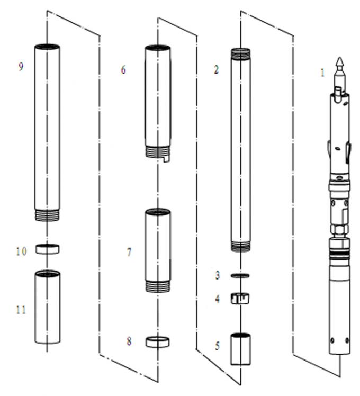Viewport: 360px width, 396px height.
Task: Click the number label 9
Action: tap(21, 67)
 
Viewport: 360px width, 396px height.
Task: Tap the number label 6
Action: tap(123, 70)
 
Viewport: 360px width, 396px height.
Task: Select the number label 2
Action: tap(216, 70)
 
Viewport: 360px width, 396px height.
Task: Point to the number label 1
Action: tap(322, 73)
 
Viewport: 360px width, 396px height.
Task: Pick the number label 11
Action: tap(21, 309)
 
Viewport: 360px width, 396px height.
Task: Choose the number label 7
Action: tap(129, 252)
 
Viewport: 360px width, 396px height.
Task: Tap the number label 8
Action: tap(129, 341)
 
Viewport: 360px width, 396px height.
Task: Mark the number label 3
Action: tap(217, 275)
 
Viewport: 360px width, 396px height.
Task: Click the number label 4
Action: tap(217, 299)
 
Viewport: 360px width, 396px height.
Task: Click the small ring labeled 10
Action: tap(47, 248)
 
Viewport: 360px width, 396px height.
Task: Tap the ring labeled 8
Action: tap(157, 342)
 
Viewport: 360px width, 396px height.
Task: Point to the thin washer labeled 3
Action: tap(240, 276)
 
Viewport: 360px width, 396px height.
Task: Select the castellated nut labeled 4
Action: tap(240, 299)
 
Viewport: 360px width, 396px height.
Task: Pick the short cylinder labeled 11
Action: tap(47, 307)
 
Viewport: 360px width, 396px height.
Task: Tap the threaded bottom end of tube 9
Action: tap(47, 215)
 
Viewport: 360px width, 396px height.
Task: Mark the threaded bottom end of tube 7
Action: tap(158, 286)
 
